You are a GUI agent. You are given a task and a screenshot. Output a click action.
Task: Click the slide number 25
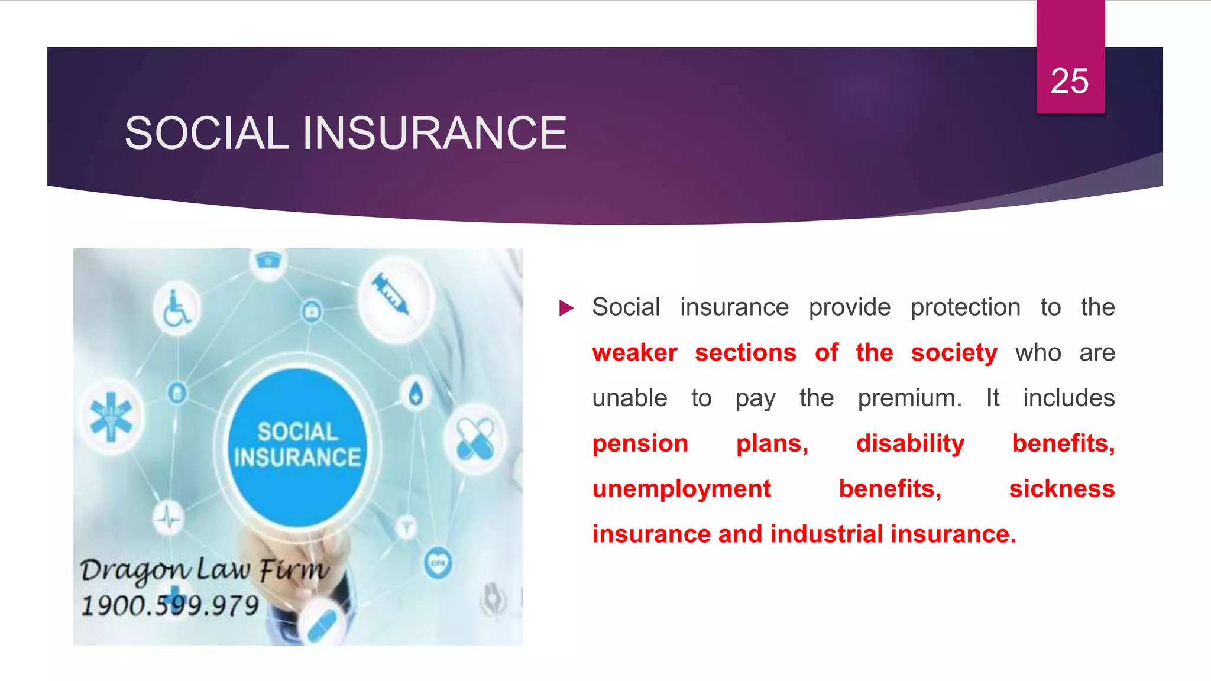click(1069, 81)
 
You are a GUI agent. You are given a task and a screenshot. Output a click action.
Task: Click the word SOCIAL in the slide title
click(206, 133)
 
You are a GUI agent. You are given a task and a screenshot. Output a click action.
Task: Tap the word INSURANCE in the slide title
click(435, 133)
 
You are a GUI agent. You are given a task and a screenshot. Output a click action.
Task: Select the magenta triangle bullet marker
click(566, 308)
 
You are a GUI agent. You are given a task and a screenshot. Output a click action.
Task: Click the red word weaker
click(634, 353)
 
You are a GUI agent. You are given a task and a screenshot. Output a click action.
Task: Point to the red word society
click(954, 353)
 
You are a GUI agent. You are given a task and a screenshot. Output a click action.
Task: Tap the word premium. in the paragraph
click(909, 398)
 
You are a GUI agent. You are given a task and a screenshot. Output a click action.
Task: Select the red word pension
click(640, 443)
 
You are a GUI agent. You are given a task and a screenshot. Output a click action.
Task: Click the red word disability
click(910, 443)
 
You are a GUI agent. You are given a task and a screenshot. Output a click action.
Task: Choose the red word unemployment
click(681, 489)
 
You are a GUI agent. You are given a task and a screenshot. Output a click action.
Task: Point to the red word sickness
click(1061, 489)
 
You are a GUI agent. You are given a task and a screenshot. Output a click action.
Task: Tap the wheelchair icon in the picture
click(176, 308)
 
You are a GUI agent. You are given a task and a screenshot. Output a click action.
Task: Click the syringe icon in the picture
click(391, 294)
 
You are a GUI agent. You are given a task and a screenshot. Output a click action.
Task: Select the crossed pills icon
click(475, 439)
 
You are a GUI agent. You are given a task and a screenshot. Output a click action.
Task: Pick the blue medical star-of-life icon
click(111, 417)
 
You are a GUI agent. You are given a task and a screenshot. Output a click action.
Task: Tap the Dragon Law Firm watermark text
click(204, 570)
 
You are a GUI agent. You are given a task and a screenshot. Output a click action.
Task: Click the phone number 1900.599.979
click(170, 605)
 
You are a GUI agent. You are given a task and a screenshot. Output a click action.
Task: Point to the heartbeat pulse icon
click(169, 518)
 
